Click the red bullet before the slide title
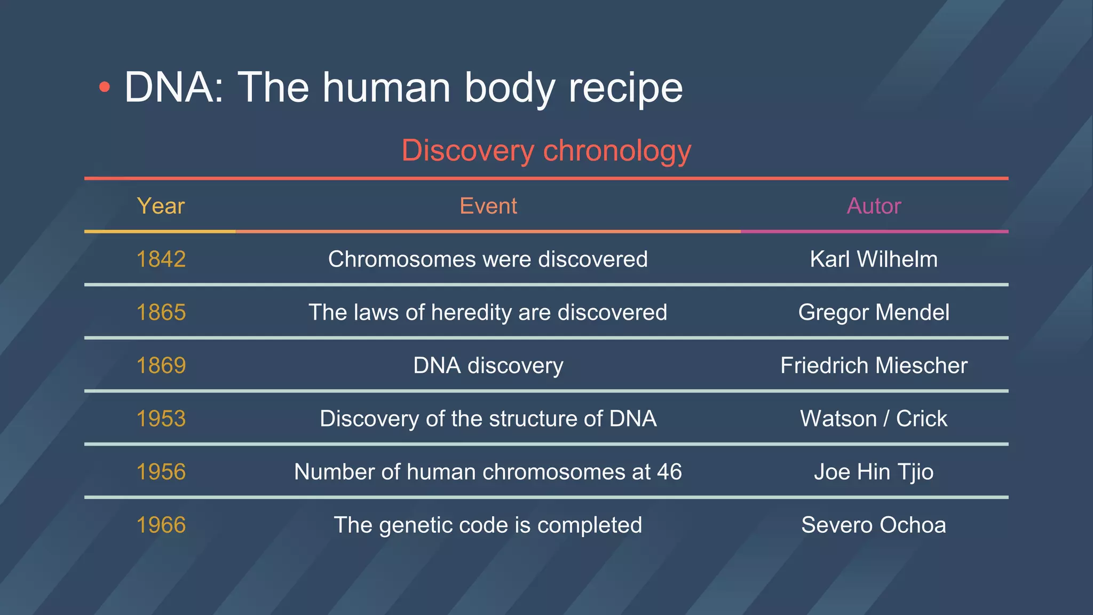(x=105, y=88)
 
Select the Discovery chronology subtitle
(x=546, y=151)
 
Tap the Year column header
(x=161, y=206)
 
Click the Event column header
(x=488, y=206)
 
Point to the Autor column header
(x=874, y=206)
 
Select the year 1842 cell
(x=161, y=259)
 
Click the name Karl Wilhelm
(x=874, y=259)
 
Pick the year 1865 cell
(x=161, y=312)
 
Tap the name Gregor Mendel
(x=874, y=312)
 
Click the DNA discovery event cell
(x=488, y=366)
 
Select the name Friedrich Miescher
(x=874, y=366)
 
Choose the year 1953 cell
(x=161, y=419)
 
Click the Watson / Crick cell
(x=874, y=419)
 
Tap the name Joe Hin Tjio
(x=874, y=472)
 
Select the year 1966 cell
(x=161, y=525)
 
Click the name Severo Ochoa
(x=874, y=525)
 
